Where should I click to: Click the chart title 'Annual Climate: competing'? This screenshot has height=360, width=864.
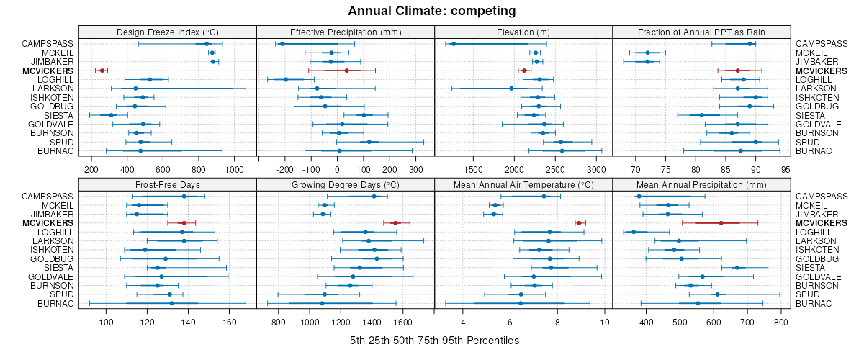(x=431, y=11)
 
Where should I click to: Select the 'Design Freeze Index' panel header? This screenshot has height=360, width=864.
(x=167, y=32)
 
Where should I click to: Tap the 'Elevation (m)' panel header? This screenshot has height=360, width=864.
(x=523, y=32)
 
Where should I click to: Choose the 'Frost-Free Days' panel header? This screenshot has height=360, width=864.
(x=167, y=184)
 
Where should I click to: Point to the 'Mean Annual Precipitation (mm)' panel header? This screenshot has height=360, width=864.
(x=701, y=184)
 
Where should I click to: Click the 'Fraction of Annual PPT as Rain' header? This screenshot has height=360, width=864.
(x=701, y=32)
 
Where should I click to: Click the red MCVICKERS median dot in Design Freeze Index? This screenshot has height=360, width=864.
(x=102, y=71)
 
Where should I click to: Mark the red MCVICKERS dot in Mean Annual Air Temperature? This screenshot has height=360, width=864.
(x=578, y=223)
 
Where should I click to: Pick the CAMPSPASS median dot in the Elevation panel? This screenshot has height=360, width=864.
(x=454, y=44)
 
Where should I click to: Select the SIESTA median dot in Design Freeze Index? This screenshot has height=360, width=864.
(x=112, y=115)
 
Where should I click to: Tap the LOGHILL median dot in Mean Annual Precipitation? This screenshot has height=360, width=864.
(x=634, y=232)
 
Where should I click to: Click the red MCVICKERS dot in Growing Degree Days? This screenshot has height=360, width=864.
(x=395, y=223)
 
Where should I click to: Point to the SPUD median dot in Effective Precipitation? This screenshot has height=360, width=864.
(x=369, y=142)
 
